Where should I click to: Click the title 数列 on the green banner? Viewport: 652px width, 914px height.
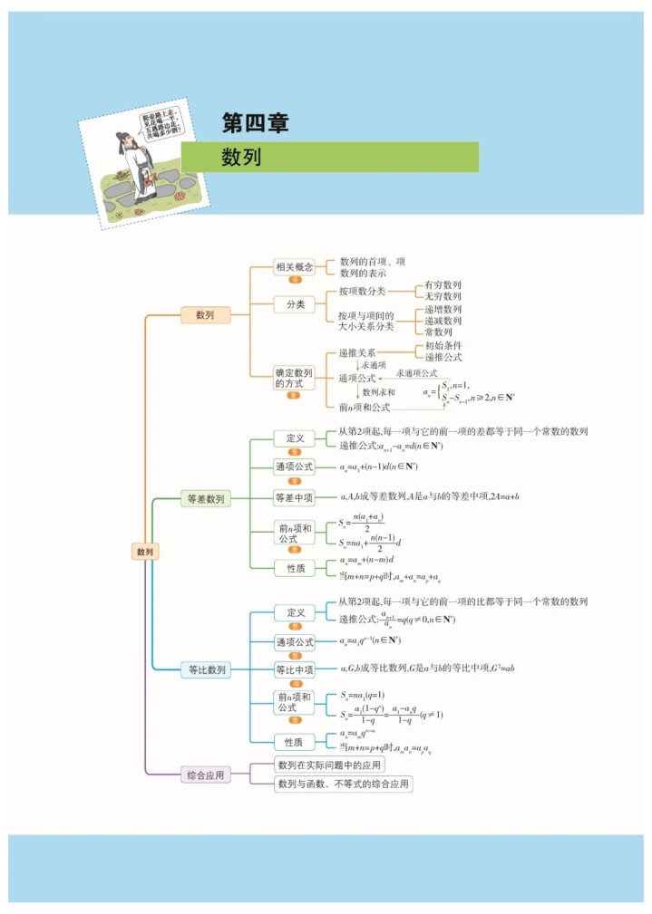click(x=241, y=157)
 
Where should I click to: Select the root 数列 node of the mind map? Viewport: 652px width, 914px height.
click(x=145, y=551)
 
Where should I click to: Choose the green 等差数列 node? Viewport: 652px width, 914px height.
click(x=206, y=498)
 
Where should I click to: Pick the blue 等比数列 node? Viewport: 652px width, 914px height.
click(x=206, y=669)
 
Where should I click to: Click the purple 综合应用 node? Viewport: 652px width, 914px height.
click(x=206, y=774)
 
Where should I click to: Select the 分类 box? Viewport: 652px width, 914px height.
click(x=295, y=304)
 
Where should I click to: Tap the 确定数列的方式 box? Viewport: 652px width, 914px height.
click(x=294, y=378)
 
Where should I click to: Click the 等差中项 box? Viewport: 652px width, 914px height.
click(x=294, y=497)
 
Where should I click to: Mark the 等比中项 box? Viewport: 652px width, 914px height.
click(x=294, y=669)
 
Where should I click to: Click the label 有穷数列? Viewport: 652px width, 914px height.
click(x=443, y=284)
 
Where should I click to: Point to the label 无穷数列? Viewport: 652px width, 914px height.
click(x=443, y=296)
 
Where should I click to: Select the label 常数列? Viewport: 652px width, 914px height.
click(x=439, y=332)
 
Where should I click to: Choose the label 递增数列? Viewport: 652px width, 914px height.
click(x=443, y=309)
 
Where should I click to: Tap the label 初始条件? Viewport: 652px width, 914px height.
click(x=443, y=345)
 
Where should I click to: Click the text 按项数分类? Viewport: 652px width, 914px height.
click(x=362, y=291)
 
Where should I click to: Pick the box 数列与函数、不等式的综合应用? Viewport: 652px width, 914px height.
click(x=344, y=784)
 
